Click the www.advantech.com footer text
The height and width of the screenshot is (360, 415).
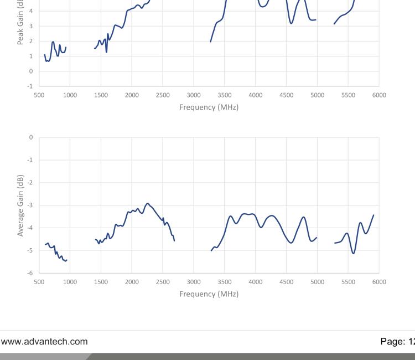point(44,342)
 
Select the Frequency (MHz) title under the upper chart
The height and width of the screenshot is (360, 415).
point(209,107)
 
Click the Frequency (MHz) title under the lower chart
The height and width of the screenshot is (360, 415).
point(209,294)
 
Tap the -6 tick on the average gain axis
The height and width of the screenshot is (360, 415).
point(30,273)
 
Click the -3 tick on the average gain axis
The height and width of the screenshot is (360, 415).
point(30,205)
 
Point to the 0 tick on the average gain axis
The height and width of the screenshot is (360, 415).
point(31,137)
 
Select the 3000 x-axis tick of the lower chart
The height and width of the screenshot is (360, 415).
point(194,282)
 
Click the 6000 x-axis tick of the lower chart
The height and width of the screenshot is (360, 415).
point(379,282)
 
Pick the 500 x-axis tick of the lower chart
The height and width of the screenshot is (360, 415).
point(39,282)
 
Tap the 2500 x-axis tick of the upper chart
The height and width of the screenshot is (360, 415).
point(163,95)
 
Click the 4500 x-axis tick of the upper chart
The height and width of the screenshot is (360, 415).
point(286,95)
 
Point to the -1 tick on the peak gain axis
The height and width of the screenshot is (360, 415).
point(30,86)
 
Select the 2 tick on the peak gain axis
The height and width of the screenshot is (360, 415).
point(31,41)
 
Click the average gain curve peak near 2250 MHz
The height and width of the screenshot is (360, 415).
point(148,203)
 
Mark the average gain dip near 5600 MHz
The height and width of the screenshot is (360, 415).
point(353,253)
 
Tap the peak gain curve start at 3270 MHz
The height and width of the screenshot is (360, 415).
point(211,42)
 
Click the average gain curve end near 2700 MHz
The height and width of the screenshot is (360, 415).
point(174,240)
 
